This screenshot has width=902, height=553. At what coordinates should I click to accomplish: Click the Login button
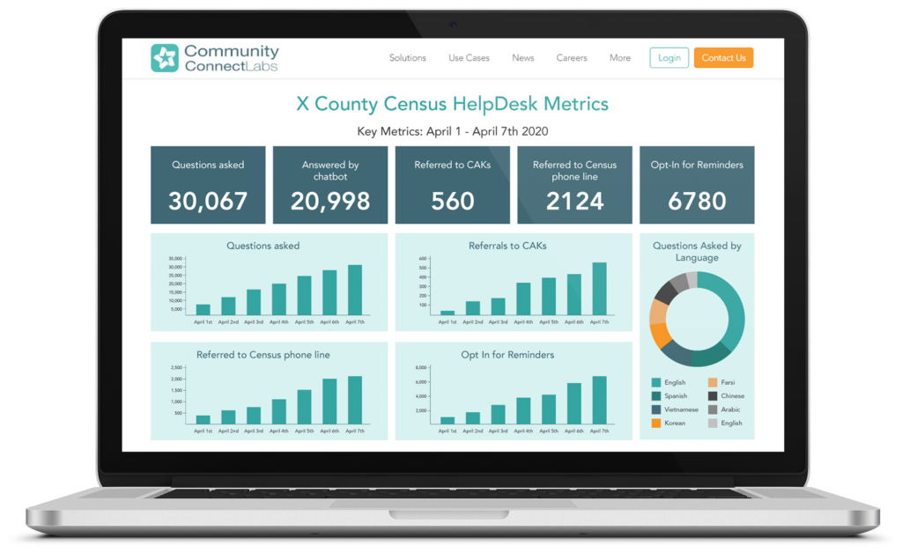669,58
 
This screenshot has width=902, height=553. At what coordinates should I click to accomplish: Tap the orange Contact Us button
723,58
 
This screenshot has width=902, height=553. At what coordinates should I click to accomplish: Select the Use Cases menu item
469,58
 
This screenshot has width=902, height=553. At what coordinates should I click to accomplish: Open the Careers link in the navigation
572,58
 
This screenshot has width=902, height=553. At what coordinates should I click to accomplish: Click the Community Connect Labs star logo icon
164,58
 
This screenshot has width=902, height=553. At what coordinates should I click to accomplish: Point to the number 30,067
208,201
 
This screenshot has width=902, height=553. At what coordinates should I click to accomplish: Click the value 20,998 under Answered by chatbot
330,201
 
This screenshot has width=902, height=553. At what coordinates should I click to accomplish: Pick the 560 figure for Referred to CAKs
453,201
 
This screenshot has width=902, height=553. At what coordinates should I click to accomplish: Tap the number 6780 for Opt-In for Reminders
697,201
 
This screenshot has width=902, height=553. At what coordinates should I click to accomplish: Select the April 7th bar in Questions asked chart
355,290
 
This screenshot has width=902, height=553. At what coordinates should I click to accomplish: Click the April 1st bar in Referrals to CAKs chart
447,313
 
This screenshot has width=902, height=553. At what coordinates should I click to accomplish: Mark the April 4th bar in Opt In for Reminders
523,411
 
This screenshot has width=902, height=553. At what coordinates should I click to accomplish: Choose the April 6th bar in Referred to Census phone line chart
329,402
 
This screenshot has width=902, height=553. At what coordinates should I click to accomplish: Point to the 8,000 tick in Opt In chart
420,367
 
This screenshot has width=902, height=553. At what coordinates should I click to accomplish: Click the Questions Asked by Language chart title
697,252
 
